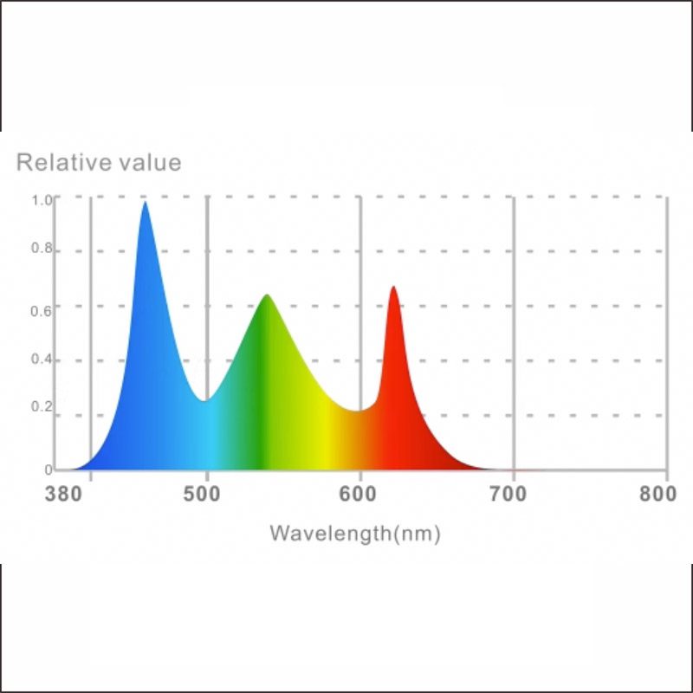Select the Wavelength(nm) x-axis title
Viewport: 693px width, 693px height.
pos(355,533)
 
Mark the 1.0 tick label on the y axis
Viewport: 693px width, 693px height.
pos(42,199)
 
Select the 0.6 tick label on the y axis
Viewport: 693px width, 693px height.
pos(42,305)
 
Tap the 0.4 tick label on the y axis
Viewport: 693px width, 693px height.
pos(42,359)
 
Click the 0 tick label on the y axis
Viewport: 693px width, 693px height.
pos(49,470)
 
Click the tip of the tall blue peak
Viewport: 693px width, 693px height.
pos(145,203)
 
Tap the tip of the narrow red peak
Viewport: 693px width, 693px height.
pos(393,287)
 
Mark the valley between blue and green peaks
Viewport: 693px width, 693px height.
pos(204,400)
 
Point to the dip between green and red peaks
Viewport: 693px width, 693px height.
pos(357,410)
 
